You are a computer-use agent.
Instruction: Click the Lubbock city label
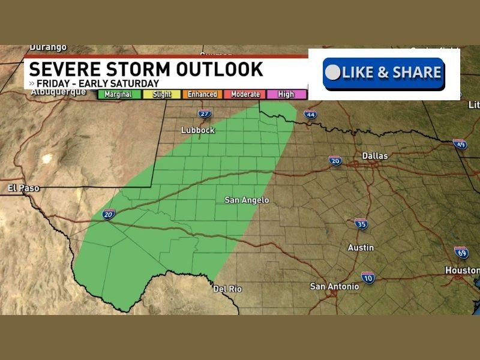[198, 130]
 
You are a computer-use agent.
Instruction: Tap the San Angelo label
[247, 200]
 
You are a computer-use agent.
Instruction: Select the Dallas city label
[375, 156]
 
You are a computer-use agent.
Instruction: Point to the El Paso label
[24, 188]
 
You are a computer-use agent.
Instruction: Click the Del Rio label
[228, 289]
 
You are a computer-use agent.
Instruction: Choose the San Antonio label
[334, 286]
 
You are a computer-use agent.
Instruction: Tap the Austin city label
[361, 247]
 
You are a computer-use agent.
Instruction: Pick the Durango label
[48, 47]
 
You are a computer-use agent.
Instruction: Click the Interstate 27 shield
[205, 114]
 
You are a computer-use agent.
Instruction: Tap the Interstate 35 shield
[361, 224]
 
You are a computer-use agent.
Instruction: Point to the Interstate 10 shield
[368, 277]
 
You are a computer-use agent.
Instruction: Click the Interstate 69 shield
[461, 252]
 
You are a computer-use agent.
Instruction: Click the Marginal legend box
[119, 94]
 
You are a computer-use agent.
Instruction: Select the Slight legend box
[162, 94]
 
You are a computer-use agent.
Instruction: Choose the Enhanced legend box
[203, 94]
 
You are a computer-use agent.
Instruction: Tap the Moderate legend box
[245, 94]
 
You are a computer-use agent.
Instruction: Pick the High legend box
[286, 94]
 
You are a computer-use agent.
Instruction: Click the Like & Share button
[384, 73]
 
